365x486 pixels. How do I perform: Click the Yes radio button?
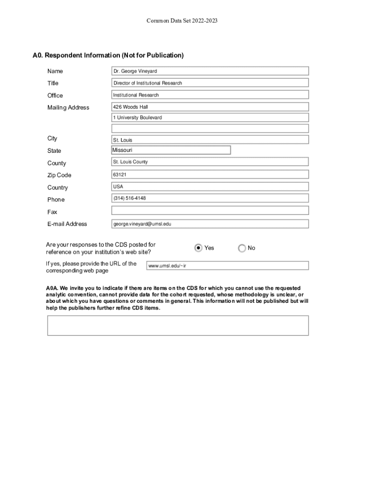click(x=199, y=248)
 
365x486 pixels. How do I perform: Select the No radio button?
click(x=242, y=248)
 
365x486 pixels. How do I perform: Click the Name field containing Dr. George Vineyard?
click(x=210, y=71)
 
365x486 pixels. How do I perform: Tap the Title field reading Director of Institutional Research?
click(x=210, y=83)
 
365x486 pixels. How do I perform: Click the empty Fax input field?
click(x=210, y=211)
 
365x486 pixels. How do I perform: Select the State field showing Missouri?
click(x=171, y=150)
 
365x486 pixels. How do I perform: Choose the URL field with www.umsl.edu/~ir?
click(x=228, y=266)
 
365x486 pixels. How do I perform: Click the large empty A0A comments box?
click(x=178, y=326)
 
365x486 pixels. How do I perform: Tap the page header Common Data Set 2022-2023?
click(x=182, y=21)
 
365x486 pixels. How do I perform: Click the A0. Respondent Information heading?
click(x=108, y=56)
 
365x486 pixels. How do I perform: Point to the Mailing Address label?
click(x=68, y=108)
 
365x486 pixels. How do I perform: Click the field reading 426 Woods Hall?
click(x=210, y=107)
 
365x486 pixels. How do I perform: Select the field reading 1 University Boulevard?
click(x=210, y=118)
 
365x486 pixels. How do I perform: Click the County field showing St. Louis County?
click(x=210, y=162)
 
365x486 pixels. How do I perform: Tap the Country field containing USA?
click(x=210, y=187)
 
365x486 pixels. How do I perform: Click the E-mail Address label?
click(x=67, y=224)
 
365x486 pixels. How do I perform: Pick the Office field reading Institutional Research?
click(x=210, y=95)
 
